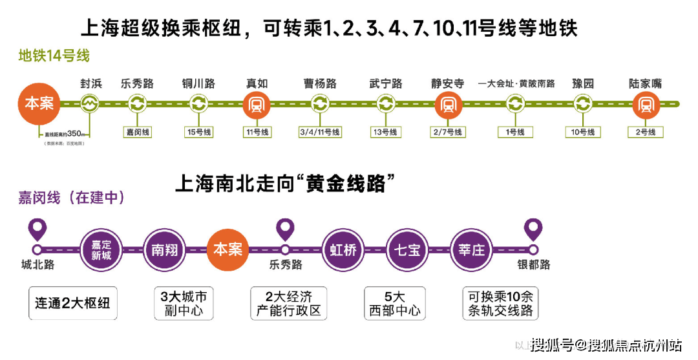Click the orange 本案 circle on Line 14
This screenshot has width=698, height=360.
tap(39, 103)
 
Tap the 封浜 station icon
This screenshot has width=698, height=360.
tap(90, 103)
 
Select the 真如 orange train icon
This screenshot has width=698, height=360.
tap(256, 103)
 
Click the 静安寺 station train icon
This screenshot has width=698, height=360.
tap(447, 103)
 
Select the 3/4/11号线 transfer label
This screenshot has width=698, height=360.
tap(320, 132)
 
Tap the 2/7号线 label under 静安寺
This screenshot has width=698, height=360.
tap(447, 132)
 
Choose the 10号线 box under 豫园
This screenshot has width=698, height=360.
tap(583, 132)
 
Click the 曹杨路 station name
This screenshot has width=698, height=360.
tap(320, 84)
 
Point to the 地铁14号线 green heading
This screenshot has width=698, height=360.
tap(54, 56)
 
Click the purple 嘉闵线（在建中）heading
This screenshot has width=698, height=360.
tap(72, 198)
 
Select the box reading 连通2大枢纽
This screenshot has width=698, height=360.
tap(72, 303)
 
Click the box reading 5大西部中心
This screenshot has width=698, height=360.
tap(394, 303)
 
